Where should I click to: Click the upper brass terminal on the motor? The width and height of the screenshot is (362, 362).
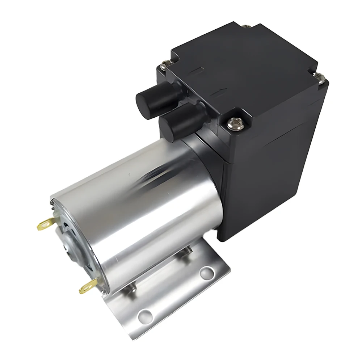click(44, 225)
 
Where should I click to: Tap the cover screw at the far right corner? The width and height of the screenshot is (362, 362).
click(319, 77)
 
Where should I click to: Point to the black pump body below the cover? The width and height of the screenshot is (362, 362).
click(275, 174)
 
